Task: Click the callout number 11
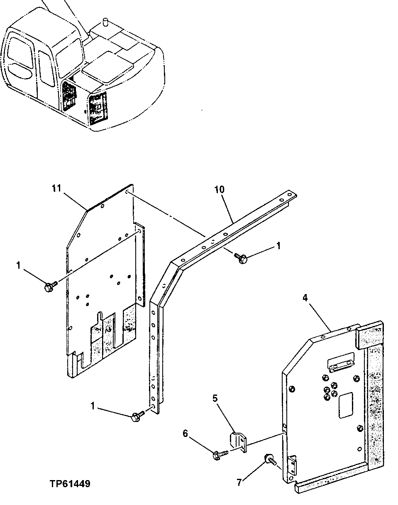(56, 189)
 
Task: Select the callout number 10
(219, 189)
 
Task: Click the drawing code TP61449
(70, 484)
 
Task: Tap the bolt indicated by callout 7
(269, 459)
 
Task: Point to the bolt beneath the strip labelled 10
(240, 259)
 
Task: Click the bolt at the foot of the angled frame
(137, 417)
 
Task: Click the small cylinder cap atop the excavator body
(105, 21)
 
